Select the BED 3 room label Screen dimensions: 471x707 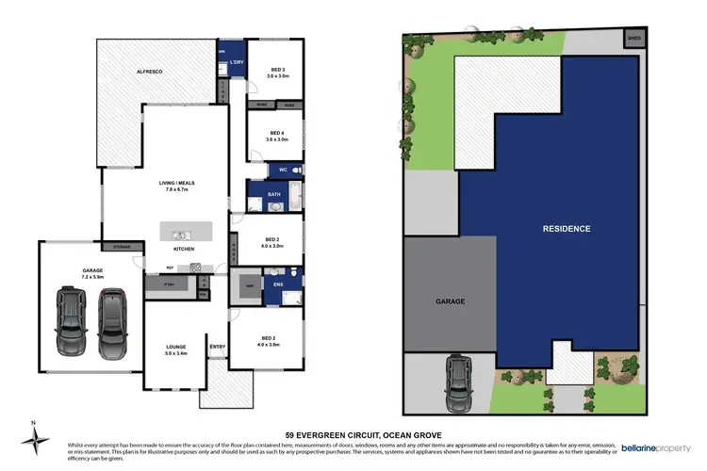pyautogui.click(x=277, y=70)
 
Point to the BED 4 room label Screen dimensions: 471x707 pyautogui.click(x=277, y=134)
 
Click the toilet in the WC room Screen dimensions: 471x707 pyautogui.click(x=295, y=170)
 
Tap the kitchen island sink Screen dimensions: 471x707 pyautogui.click(x=179, y=232)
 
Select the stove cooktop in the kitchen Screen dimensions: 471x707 pyautogui.click(x=196, y=267)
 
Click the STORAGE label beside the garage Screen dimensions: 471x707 pyautogui.click(x=122, y=248)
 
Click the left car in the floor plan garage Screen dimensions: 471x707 pyautogui.click(x=72, y=317)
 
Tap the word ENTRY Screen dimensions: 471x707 pyautogui.click(x=218, y=347)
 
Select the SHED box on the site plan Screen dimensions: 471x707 pyautogui.click(x=633, y=39)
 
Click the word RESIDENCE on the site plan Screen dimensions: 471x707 pyautogui.click(x=567, y=229)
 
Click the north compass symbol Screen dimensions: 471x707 pyautogui.click(x=36, y=438)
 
